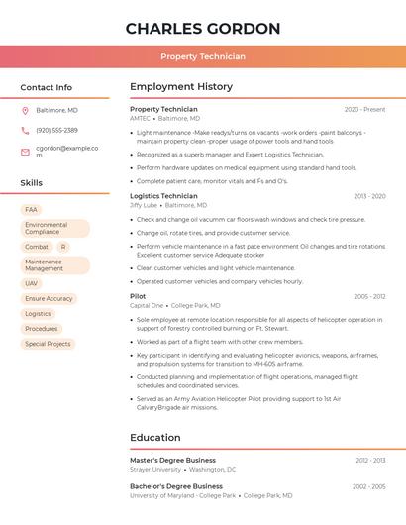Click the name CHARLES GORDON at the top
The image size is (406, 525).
(x=203, y=29)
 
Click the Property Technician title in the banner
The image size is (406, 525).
(x=203, y=56)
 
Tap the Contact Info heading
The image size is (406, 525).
(x=47, y=87)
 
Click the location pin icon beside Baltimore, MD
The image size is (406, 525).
(x=25, y=110)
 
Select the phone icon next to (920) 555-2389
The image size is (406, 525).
(x=25, y=130)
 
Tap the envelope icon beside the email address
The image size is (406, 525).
(x=25, y=152)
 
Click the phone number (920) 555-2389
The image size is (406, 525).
(x=56, y=130)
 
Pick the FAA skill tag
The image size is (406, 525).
(x=31, y=210)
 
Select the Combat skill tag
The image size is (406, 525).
(x=37, y=247)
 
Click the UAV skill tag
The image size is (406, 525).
(x=32, y=283)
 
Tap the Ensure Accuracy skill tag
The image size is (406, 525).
(x=49, y=298)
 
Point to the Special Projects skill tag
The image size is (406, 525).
(x=48, y=344)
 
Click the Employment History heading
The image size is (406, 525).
(x=181, y=87)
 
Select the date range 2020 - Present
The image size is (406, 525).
(x=364, y=109)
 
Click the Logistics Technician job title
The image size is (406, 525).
(x=163, y=196)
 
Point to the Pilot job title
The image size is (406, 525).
(x=138, y=296)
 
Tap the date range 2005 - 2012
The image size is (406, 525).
(x=369, y=296)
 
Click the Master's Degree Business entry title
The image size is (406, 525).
(x=172, y=460)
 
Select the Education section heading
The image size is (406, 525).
(x=155, y=437)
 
